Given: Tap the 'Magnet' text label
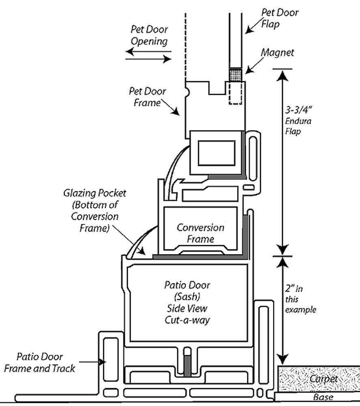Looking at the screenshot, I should click(x=277, y=52).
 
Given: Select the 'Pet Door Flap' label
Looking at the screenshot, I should click(x=280, y=18).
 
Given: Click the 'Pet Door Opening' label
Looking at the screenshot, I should click(x=149, y=36).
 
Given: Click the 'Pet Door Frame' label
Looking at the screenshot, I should click(x=147, y=97).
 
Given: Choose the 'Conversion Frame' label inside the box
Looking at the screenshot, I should click(x=200, y=233).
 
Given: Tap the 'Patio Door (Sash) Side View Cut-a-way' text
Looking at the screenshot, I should click(x=187, y=302).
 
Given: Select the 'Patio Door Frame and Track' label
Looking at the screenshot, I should click(x=40, y=363).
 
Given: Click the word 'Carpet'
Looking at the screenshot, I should click(x=323, y=379).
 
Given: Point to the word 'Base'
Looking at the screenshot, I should click(x=323, y=397).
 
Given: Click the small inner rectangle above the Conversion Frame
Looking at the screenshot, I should click(x=216, y=153).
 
